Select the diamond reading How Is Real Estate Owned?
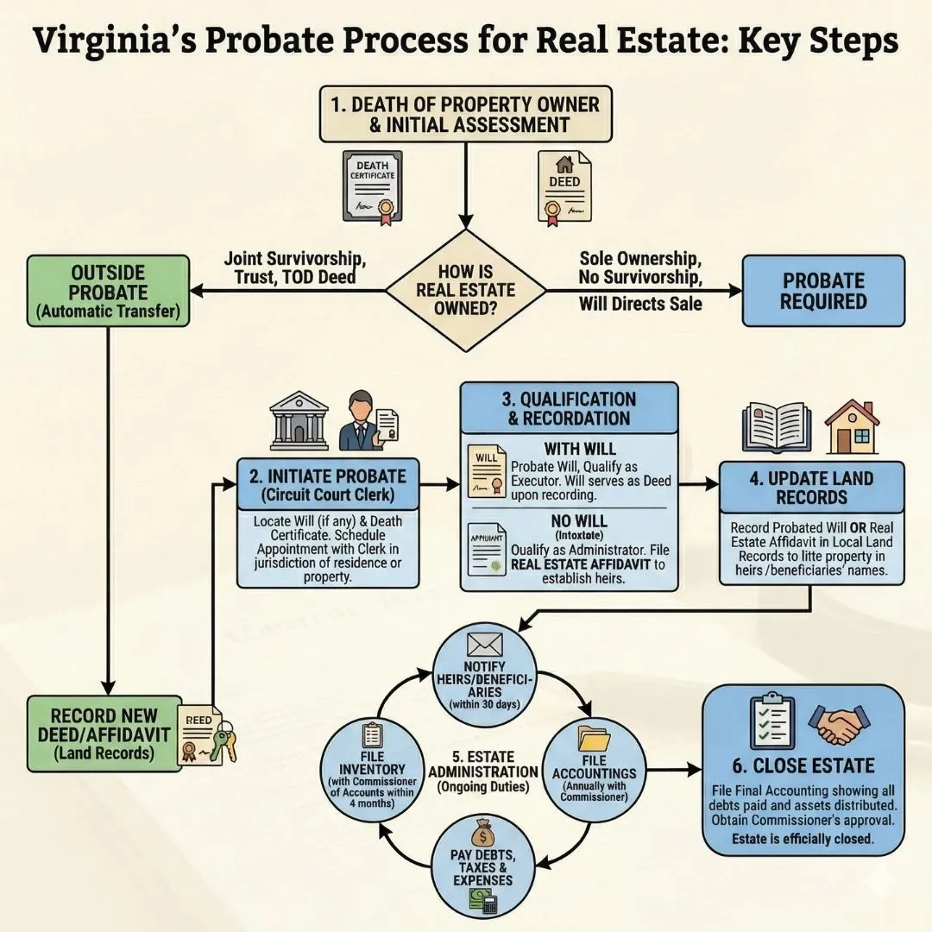click(465, 291)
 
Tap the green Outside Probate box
click(109, 290)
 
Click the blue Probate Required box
click(823, 290)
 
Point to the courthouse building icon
click(299, 421)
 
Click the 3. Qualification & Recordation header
click(570, 409)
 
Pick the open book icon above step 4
click(777, 425)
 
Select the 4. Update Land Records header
click(811, 488)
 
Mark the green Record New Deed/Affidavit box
click(104, 734)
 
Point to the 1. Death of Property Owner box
click(464, 114)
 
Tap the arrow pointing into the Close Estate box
click(686, 767)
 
